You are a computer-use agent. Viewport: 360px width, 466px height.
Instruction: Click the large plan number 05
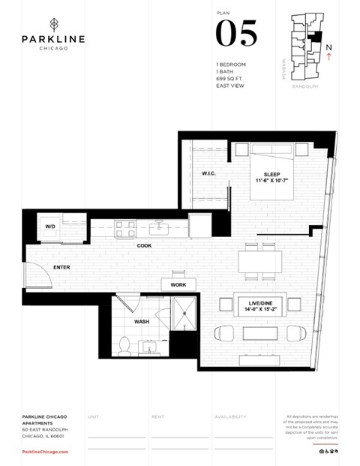coord(236,34)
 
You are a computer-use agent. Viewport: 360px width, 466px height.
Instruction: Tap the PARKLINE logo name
coord(53,39)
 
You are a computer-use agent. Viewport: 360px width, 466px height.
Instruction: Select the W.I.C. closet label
coord(209,174)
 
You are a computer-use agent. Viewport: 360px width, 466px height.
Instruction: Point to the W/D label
coord(50,226)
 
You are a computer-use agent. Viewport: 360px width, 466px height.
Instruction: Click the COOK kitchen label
coord(145,245)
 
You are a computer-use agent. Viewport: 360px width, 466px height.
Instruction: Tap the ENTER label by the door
coord(61,267)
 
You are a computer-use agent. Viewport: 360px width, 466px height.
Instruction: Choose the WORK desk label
coord(178,285)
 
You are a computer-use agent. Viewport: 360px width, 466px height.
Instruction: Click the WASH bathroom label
coord(142,321)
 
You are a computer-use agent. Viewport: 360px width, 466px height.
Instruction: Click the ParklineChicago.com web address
coord(45,452)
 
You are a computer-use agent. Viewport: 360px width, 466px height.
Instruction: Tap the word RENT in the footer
coord(157,416)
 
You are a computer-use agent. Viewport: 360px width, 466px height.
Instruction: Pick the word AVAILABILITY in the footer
coord(230,416)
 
